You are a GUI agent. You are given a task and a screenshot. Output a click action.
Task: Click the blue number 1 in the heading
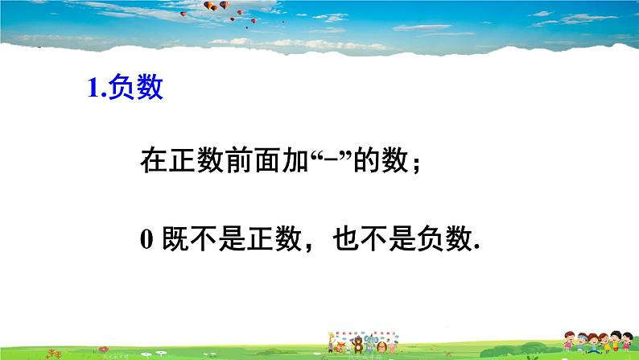coord(93,87)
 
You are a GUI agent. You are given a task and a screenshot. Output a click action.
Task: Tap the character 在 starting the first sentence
coord(154,160)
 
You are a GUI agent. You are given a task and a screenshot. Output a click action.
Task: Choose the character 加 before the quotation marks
coord(295,160)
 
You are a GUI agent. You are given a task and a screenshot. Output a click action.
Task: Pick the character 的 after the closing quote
coord(366,160)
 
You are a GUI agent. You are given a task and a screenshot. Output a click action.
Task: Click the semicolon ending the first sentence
coord(416,165)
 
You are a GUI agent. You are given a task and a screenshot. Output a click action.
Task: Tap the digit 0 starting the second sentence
coord(146,239)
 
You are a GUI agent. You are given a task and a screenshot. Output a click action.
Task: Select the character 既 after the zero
coord(175,238)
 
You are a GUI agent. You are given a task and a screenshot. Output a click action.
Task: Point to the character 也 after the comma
coord(346,238)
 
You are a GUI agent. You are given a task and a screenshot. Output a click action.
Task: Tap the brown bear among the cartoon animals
coord(358,345)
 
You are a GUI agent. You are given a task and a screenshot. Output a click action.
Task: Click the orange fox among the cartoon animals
coord(339,347)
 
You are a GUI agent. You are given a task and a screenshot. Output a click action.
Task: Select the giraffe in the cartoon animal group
coord(331,342)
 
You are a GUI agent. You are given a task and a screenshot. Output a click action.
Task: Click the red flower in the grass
coord(104,350)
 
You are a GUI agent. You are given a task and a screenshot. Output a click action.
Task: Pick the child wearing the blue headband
coord(583,341)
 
